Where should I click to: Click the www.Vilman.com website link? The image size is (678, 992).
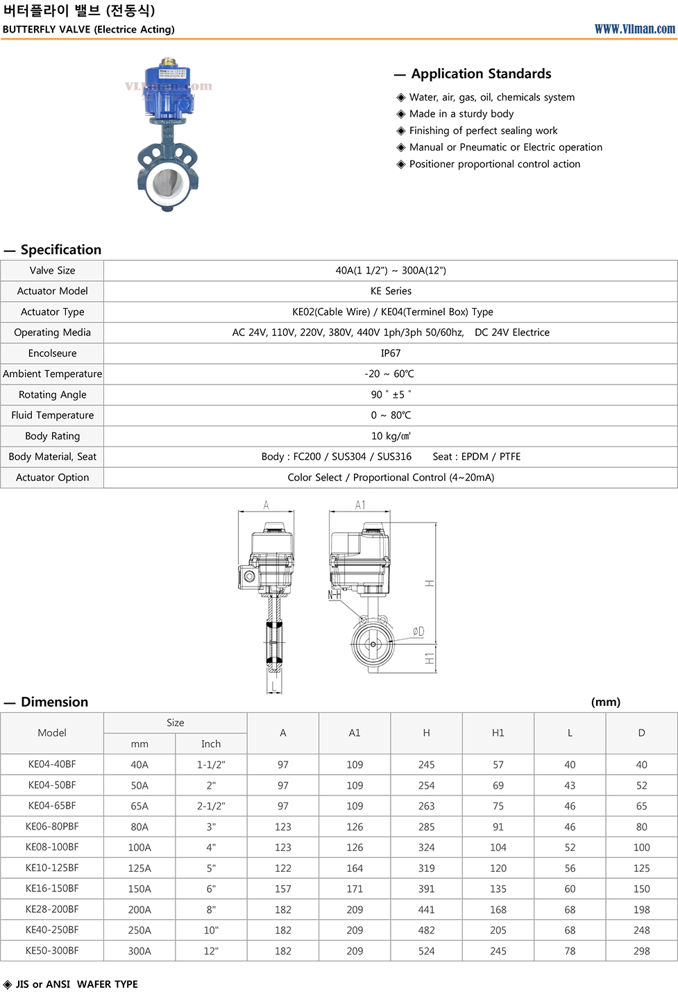[634, 28]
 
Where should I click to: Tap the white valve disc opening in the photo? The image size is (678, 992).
[168, 183]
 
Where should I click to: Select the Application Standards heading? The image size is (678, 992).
[481, 74]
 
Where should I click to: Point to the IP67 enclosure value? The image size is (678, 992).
[391, 353]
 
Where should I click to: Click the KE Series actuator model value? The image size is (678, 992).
[391, 291]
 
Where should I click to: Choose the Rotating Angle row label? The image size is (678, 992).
[53, 394]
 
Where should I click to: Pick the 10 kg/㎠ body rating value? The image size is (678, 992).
[391, 436]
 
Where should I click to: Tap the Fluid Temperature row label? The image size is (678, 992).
[53, 415]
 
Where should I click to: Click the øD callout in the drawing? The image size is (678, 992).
[418, 631]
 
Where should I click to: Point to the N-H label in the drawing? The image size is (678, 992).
[334, 595]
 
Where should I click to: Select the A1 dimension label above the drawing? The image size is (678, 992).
[360, 505]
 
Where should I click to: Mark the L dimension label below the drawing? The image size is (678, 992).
[274, 687]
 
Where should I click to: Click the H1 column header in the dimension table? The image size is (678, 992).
[498, 732]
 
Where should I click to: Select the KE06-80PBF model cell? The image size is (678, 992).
[52, 827]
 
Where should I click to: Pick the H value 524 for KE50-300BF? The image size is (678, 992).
[426, 951]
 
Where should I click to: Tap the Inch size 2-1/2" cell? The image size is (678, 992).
[211, 806]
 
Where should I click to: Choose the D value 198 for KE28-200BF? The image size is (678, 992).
[641, 909]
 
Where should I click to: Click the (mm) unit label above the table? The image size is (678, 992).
[606, 702]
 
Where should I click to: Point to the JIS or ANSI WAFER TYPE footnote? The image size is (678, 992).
[76, 984]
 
